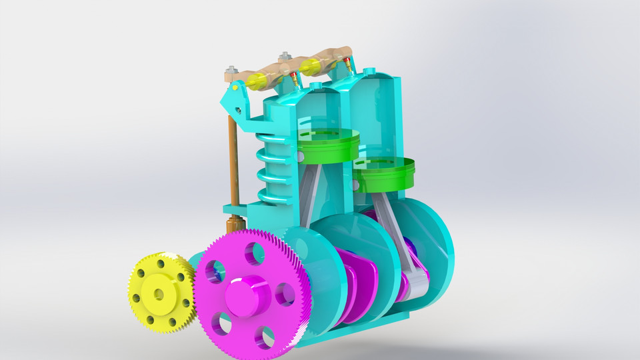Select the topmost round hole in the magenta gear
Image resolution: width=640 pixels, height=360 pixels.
(253, 253)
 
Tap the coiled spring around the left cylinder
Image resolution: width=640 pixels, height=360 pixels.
(273, 167)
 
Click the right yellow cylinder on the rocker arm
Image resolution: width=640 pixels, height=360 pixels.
(311, 66)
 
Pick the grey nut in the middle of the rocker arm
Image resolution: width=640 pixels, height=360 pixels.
(285, 56)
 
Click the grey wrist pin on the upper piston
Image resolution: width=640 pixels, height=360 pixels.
(301, 156)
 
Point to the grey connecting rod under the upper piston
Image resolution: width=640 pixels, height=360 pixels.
(311, 193)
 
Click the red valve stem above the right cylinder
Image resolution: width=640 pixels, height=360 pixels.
(348, 66)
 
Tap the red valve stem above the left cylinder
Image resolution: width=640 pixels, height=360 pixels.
(293, 80)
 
